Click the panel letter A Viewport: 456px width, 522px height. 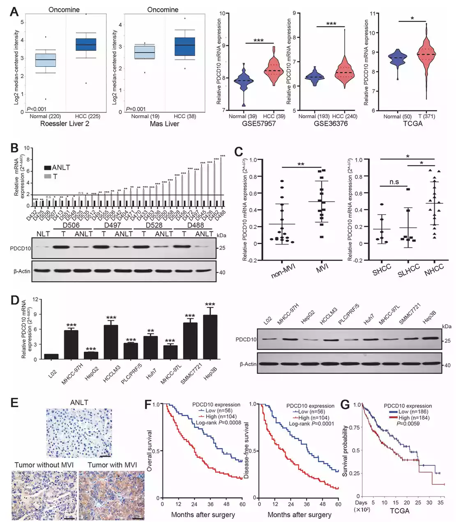[14, 11]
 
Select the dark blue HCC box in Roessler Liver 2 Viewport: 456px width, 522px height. [85, 44]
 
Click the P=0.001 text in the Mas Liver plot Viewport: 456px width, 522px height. [136, 109]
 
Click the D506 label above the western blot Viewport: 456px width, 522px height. [71, 225]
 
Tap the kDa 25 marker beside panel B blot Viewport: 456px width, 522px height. [222, 248]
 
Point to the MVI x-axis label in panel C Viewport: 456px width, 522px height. [322, 270]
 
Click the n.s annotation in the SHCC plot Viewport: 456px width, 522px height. [394, 182]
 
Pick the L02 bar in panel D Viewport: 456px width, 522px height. [51, 356]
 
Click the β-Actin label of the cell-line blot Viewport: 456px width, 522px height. [248, 364]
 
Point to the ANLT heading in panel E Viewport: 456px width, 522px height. [79, 403]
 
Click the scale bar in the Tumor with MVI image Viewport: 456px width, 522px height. [138, 518]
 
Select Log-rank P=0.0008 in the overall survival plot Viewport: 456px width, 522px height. [218, 422]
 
